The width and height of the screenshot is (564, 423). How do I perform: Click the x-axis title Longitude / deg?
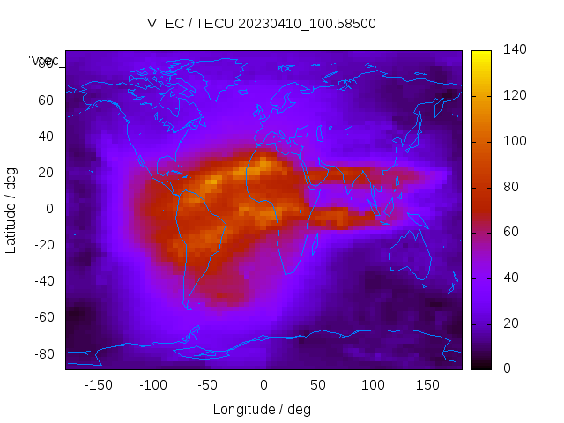(x=262, y=410)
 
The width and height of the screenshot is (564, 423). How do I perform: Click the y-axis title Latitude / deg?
(x=11, y=209)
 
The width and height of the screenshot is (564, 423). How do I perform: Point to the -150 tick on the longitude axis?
(x=98, y=385)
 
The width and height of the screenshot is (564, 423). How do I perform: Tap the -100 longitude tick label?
(x=152, y=385)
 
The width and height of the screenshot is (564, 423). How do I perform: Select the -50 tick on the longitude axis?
(x=208, y=385)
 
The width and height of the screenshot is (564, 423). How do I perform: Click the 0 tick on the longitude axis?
(x=263, y=385)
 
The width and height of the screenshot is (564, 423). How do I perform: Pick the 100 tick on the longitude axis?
(x=373, y=385)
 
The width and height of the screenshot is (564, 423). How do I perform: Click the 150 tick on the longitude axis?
(x=427, y=385)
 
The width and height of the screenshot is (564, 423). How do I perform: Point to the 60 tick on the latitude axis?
(x=46, y=100)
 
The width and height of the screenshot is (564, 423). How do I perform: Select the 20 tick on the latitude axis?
(x=46, y=173)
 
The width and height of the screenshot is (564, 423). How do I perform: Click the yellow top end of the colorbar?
(x=480, y=55)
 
